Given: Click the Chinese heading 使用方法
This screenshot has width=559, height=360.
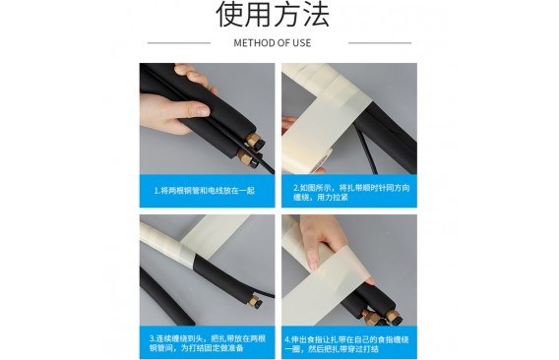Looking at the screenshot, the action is click(x=273, y=14).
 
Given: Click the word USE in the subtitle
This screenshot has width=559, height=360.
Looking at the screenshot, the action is click(x=301, y=43).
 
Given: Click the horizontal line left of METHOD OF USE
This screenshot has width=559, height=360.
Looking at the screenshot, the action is click(x=179, y=43).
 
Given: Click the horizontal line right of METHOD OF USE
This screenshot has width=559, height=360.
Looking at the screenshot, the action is click(x=380, y=43).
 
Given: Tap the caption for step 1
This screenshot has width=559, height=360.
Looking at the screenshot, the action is click(x=205, y=191).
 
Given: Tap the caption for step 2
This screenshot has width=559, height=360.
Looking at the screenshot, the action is click(x=352, y=193).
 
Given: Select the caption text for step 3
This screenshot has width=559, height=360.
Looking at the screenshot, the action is click(x=208, y=343).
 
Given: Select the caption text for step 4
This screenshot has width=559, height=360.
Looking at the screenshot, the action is click(x=346, y=344).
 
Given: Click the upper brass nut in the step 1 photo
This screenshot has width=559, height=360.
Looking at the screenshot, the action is click(x=254, y=140).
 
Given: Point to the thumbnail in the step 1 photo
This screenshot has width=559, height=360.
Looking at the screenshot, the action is click(x=202, y=110).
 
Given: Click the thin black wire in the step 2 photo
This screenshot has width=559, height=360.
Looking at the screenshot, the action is click(x=366, y=150).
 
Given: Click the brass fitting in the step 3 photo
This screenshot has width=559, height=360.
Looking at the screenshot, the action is click(x=255, y=299).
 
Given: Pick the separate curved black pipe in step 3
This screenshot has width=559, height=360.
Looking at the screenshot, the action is click(x=164, y=296).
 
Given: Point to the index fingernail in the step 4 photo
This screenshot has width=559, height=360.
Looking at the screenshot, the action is click(x=314, y=265).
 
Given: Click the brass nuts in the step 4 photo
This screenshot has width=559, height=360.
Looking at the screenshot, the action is click(x=382, y=316).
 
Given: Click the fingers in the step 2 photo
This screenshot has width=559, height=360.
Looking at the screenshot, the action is click(x=288, y=123).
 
